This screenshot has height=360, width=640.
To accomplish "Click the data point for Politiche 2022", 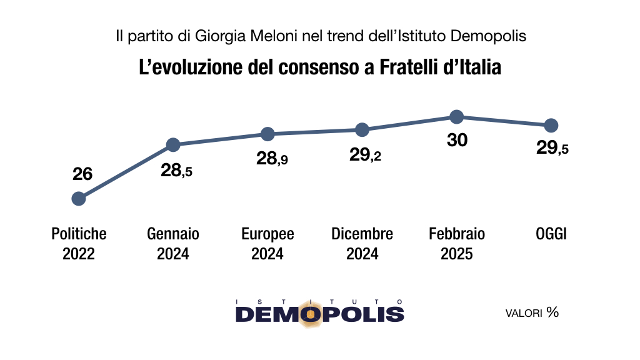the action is tap(79, 199).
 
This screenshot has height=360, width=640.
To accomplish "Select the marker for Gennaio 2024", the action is tap(173, 144).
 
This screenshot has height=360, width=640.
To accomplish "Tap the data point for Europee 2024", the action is tap(267, 134).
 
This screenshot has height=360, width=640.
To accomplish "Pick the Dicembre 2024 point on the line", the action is tap(362, 130).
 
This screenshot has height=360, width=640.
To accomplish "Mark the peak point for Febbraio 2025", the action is tap(456, 117).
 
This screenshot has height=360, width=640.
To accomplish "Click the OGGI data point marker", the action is tap(551, 126).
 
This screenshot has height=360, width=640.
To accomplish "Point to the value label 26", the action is tap(82, 174).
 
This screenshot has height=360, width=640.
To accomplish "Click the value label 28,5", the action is tap(176, 170).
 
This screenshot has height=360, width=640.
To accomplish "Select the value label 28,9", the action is tap(272, 158).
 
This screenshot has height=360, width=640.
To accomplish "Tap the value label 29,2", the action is tap(365, 155).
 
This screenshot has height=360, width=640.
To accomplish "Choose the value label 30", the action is tap(457, 140).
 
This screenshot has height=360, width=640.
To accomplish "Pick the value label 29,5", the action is tap(552, 147).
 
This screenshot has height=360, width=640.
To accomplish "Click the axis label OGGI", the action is tap(551, 234).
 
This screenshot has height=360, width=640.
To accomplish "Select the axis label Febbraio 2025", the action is tap(457, 244).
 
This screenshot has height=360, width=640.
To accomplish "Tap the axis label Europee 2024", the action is tap(267, 244).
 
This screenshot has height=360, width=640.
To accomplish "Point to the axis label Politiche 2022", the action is tap(79, 244).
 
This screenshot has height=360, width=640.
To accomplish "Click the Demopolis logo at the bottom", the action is tap(319, 313).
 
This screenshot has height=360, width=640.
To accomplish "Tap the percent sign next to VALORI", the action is tap(552, 312).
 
